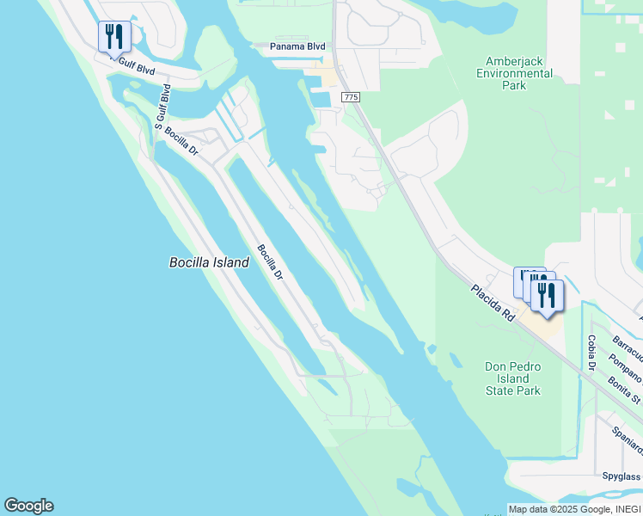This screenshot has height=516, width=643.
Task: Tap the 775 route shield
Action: coord(350,98)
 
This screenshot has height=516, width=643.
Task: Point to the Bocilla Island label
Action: coord(209,262)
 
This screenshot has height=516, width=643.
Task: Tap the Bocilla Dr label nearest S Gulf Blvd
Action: coord(181,142)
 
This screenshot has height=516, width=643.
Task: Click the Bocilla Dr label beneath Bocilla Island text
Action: coord(269,262)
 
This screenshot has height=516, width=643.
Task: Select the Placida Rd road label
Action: coord(493,304)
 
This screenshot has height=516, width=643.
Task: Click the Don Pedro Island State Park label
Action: coord(513,378)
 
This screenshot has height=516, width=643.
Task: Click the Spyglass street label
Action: coord(621,476)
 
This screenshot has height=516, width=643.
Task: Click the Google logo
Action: coord(28,506)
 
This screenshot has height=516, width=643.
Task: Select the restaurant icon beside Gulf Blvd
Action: coord(114,37)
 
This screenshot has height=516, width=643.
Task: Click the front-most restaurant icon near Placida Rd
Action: coord(547,296)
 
